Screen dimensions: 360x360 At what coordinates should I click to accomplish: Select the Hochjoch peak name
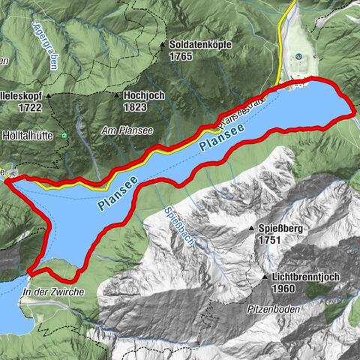coord(144,95)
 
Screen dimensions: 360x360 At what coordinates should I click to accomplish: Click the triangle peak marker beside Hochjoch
coord(116,96)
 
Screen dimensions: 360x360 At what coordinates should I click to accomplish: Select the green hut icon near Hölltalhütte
coord(64,136)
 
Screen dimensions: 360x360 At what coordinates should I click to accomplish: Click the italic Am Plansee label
coord(127,130)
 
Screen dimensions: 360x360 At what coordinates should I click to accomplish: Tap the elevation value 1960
coord(285,289)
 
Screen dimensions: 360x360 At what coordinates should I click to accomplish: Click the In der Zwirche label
coord(53,291)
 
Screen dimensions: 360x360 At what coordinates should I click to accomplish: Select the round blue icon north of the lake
coord(298,56)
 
